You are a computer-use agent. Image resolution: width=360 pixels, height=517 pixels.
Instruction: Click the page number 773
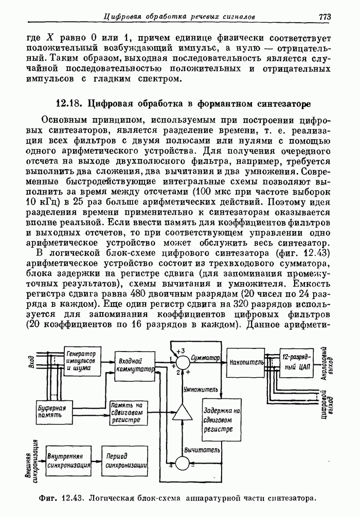(324, 16)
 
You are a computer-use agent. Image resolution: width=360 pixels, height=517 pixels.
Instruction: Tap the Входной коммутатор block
(134, 365)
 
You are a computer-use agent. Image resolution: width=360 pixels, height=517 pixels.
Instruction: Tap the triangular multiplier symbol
(181, 412)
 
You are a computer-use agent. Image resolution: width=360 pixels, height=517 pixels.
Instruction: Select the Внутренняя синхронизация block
(68, 460)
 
